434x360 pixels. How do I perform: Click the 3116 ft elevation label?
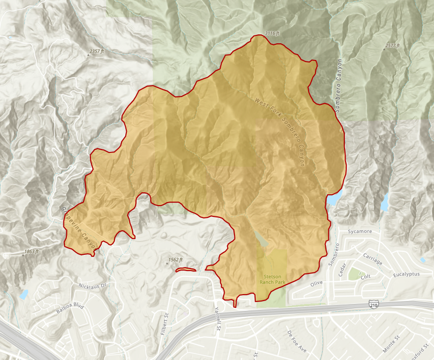[272, 33]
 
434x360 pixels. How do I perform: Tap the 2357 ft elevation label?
[99, 51]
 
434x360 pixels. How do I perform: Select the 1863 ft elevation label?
[30, 251]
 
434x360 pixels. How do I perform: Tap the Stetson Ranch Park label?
[271, 279]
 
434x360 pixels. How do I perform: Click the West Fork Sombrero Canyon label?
[279, 131]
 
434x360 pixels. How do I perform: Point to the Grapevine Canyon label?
[78, 226]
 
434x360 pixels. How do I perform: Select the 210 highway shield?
[374, 306]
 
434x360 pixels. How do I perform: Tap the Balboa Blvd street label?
[70, 309]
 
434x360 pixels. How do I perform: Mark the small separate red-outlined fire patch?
[185, 270]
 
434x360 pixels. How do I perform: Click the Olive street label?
[318, 284]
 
